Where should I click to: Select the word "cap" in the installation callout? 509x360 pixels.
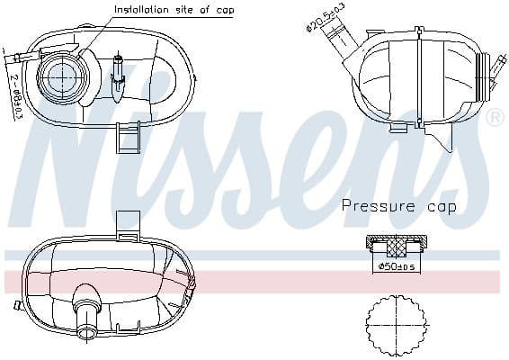[225, 11]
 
